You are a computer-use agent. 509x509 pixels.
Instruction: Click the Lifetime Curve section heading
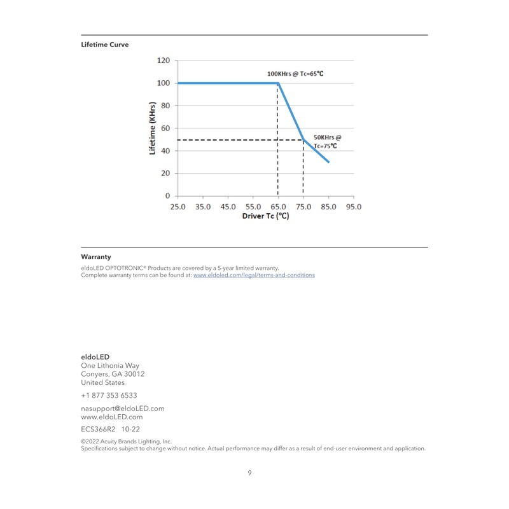[105, 45]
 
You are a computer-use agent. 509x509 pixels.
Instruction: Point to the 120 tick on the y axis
[164, 60]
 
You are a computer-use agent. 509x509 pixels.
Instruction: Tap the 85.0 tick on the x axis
[329, 207]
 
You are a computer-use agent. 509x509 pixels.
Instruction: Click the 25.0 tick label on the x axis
[178, 207]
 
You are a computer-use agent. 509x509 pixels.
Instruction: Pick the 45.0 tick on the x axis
[228, 207]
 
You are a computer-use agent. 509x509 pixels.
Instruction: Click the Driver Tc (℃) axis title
[265, 216]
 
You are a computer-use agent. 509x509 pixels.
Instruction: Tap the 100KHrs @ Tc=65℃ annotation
[295, 74]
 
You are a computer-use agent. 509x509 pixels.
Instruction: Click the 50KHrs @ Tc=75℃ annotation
[327, 141]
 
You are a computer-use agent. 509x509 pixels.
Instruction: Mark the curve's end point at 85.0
[329, 162]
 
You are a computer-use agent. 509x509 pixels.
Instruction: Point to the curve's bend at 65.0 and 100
[278, 83]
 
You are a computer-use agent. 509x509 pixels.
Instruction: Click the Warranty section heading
[96, 256]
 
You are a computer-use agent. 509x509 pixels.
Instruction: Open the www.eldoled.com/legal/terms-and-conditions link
[254, 275]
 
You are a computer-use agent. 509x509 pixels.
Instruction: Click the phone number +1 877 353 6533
[109, 395]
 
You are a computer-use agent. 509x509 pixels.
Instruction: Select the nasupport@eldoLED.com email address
[123, 408]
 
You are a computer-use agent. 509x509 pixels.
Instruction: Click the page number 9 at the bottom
[250, 473]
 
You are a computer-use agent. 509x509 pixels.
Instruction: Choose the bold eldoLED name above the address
[95, 357]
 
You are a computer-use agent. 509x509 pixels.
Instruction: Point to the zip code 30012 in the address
[135, 374]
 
